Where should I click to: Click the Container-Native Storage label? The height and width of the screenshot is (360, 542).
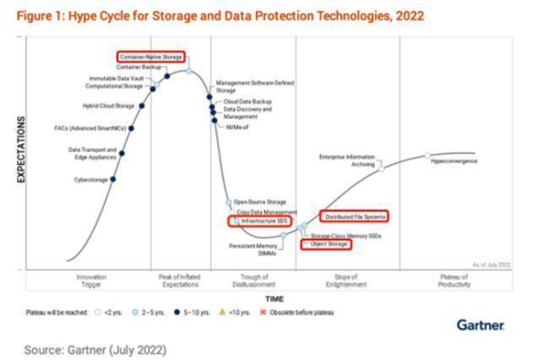[152, 57]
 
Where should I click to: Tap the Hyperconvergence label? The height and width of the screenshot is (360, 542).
[454, 161]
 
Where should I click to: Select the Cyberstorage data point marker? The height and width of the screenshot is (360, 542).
[113, 179]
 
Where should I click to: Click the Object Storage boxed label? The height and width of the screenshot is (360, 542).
[327, 244]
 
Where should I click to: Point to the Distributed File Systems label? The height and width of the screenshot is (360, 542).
[354, 216]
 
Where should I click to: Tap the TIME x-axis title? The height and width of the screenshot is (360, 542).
[274, 299]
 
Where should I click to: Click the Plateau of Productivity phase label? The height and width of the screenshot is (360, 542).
[455, 281]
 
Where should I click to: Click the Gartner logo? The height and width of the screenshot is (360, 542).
[480, 324]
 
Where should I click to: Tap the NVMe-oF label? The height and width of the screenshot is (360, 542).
[237, 127]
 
